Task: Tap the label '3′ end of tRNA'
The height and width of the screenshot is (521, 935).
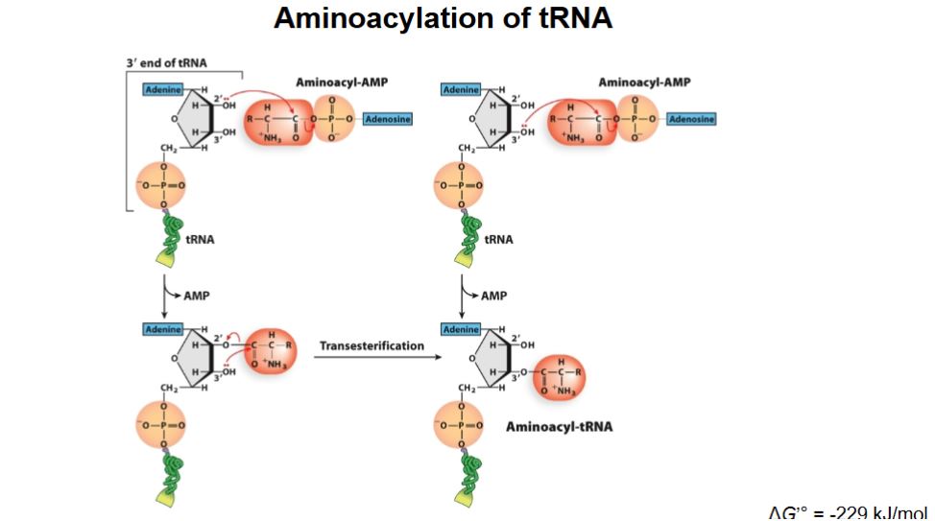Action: coord(166,63)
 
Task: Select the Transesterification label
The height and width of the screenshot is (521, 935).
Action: coord(372,345)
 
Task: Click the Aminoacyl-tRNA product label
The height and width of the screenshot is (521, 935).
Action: coord(559,426)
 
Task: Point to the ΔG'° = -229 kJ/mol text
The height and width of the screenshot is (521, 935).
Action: coord(849,511)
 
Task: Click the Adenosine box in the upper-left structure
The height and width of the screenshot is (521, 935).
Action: coord(388,119)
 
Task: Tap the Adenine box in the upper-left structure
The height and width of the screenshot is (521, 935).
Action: coord(162,89)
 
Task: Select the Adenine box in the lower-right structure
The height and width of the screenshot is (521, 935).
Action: coord(461,329)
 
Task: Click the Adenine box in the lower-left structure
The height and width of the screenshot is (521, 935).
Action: coord(162,329)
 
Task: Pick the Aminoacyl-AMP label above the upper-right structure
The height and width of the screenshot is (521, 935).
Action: coord(644,83)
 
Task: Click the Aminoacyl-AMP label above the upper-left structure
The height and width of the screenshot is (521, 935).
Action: coord(342,83)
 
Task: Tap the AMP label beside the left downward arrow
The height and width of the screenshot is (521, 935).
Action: coord(196,296)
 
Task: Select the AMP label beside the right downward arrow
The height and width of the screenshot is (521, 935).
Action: coord(494,296)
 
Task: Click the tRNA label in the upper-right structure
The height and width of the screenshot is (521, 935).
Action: coord(498,239)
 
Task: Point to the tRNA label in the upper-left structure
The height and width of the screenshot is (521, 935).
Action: coord(200,239)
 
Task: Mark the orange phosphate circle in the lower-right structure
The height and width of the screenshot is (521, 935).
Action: coord(461,424)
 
